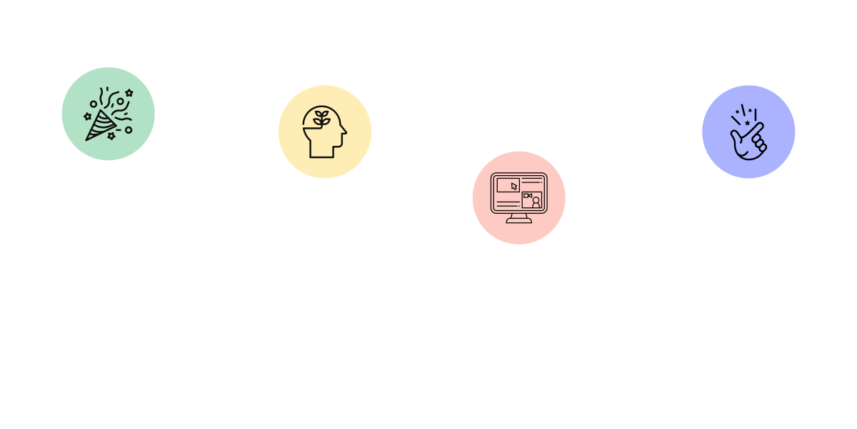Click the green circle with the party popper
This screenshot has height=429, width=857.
coord(108,114)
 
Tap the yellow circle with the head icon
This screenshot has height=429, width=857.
coord(325,132)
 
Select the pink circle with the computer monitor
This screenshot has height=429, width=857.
coord(519,197)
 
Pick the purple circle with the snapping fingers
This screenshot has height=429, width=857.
coord(748,132)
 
